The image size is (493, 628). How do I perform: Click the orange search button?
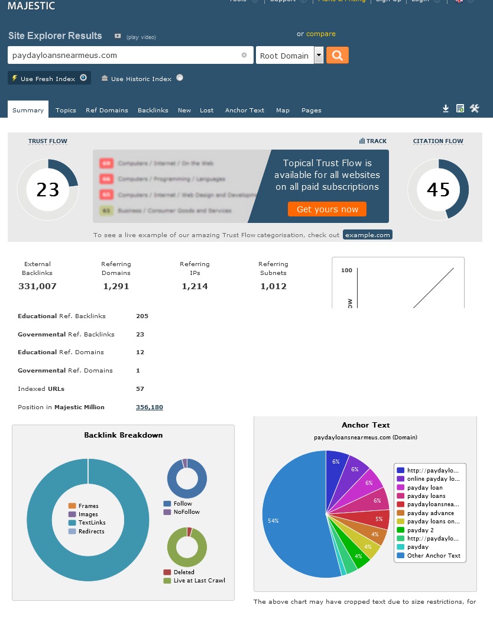click(337, 56)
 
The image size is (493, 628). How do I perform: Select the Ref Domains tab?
click(106, 110)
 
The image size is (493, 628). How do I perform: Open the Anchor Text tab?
click(244, 110)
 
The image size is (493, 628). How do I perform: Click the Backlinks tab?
click(153, 110)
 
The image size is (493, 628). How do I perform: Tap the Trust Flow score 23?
click(48, 190)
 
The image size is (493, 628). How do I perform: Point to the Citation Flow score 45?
click(438, 190)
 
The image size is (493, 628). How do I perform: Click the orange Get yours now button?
click(327, 209)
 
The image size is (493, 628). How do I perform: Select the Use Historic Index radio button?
click(180, 77)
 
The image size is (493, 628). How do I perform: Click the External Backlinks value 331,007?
click(37, 286)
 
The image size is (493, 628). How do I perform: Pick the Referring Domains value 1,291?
click(116, 286)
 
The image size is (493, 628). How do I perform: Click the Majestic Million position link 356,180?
click(150, 407)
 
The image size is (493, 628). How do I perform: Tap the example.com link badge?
click(367, 235)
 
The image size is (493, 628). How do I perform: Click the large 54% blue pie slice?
click(290, 520)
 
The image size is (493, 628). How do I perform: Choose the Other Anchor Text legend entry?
click(433, 555)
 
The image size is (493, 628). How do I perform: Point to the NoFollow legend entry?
click(186, 512)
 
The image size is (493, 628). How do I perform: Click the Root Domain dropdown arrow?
click(319, 56)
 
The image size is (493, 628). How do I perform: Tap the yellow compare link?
click(320, 34)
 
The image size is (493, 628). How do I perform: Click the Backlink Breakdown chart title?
click(123, 435)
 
